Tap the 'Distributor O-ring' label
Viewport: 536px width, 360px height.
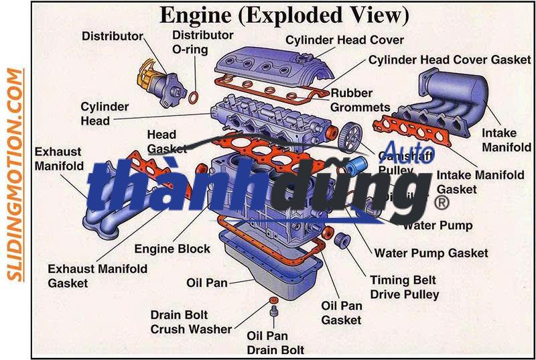(x=202, y=42)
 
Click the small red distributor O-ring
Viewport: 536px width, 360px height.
(x=194, y=98)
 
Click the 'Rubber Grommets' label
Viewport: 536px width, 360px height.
(x=360, y=99)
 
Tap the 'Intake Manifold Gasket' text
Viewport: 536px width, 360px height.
(x=480, y=182)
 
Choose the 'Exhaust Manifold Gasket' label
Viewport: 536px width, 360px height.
(x=97, y=276)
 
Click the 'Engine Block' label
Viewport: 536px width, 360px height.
(x=172, y=249)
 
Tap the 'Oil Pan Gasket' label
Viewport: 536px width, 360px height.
(x=342, y=312)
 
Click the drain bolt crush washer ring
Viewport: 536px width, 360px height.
(x=273, y=299)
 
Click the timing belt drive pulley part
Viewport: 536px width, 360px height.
(x=342, y=240)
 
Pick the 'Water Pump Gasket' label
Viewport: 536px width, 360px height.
(x=431, y=253)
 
